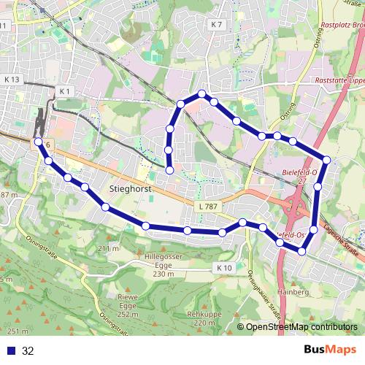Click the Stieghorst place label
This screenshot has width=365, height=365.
(x=129, y=188)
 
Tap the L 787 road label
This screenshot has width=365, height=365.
(x=208, y=207)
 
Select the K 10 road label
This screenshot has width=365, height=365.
(x=224, y=269)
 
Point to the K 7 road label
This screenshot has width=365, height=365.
(x=215, y=25)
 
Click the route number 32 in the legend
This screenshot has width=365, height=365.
(x=28, y=351)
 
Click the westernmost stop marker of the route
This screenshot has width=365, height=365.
(x=38, y=142)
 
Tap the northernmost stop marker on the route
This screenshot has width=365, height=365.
(x=201, y=93)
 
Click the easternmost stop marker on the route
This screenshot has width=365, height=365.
(x=326, y=159)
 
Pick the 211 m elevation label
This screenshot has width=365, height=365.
(x=107, y=249)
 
